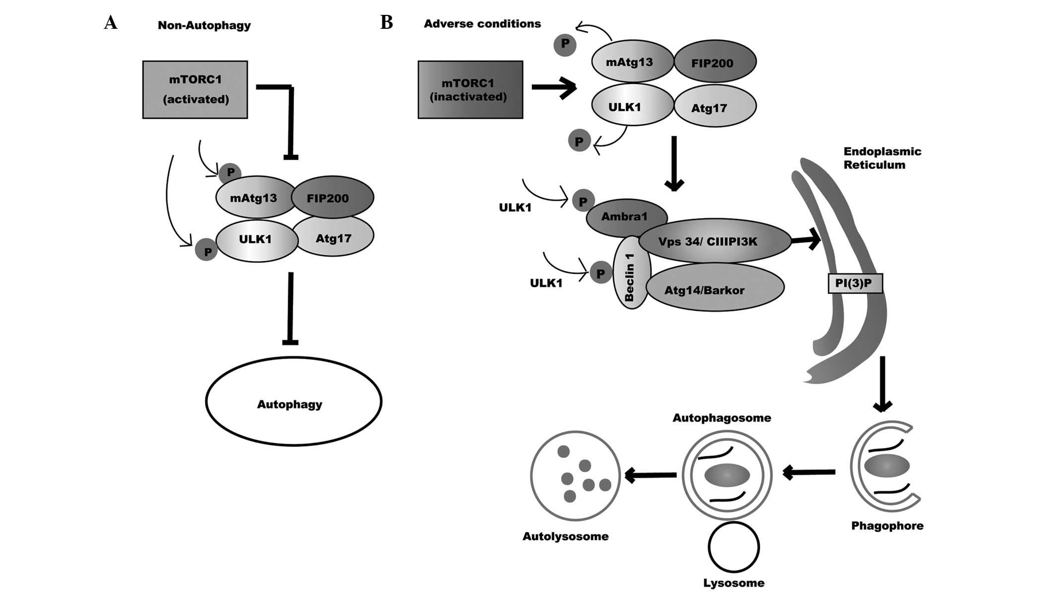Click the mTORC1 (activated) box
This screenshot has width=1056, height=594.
[x=195, y=89]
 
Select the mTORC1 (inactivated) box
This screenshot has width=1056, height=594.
[x=470, y=89]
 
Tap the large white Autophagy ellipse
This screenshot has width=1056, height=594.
[x=293, y=401]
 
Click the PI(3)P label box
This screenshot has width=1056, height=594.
[x=855, y=283]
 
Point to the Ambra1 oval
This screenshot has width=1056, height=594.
[x=624, y=217]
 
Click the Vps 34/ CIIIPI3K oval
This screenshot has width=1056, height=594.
[x=714, y=241]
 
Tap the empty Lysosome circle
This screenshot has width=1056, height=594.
[x=734, y=547]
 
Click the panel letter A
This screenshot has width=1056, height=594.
[x=111, y=22]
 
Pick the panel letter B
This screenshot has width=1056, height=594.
[x=386, y=22]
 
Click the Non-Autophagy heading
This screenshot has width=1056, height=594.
[x=204, y=25]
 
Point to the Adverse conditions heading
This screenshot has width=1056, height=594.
[x=482, y=24]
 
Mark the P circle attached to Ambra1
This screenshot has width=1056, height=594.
[x=583, y=201]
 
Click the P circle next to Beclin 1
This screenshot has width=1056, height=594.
[x=601, y=273]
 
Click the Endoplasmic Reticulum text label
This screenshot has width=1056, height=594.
[x=882, y=158]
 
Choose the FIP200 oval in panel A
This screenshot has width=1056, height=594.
[x=332, y=197]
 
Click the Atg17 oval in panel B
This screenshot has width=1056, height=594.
[x=715, y=107]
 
